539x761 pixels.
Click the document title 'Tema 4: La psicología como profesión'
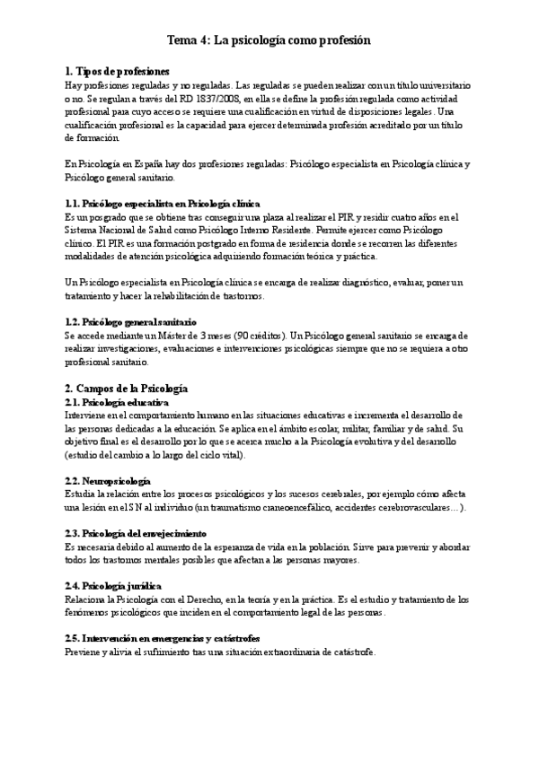(269, 40)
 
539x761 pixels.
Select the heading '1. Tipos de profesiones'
(117, 70)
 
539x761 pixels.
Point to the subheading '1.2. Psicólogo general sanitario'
(130, 321)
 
